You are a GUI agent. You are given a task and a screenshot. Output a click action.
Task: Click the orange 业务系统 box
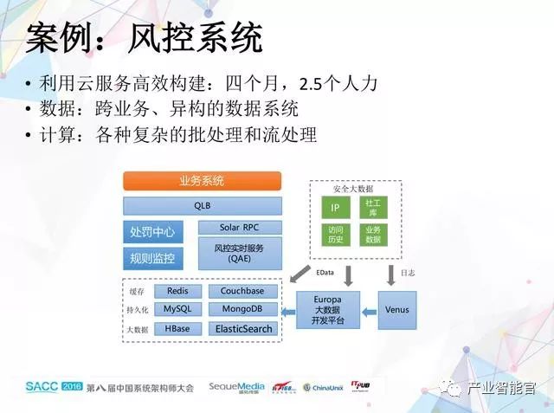[202, 181]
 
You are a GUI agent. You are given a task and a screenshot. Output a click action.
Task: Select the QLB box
[202, 206]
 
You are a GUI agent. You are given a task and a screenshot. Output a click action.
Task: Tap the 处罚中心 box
[152, 232]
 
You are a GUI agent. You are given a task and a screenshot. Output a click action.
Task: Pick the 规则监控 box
[152, 257]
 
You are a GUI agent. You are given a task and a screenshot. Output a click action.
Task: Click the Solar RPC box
[239, 228]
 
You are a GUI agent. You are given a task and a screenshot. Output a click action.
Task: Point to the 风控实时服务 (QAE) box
[239, 253]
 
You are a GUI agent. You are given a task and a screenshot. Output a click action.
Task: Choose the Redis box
[177, 292]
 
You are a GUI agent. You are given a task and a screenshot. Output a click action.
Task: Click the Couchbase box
[242, 292]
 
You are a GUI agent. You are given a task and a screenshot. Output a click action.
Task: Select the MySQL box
[177, 309]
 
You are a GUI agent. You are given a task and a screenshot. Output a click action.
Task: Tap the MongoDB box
[242, 309]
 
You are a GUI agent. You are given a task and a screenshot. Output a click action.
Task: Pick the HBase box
[177, 329]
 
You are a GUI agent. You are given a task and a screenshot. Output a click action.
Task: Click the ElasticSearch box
[242, 329]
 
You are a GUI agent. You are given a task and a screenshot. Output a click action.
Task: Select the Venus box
[396, 309]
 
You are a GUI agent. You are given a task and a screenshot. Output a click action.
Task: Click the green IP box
[336, 209]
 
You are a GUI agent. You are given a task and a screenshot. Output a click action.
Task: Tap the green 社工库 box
[373, 208]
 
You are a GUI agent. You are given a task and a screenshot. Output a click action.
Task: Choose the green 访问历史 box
[336, 235]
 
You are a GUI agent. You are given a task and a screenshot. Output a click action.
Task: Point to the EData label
[325, 273]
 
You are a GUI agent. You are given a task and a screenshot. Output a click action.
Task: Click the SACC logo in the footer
[42, 387]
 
